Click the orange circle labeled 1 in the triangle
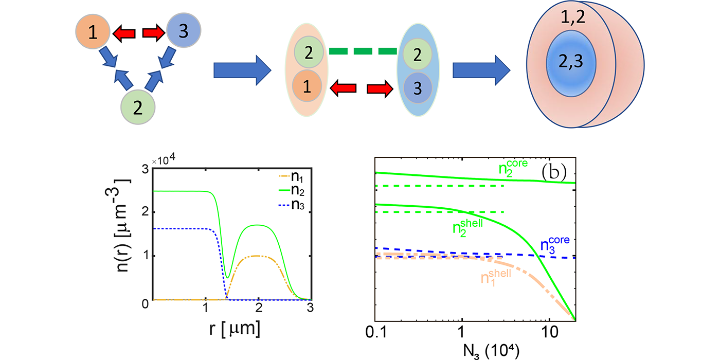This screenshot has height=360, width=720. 93,33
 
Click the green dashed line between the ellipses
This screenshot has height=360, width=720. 363,51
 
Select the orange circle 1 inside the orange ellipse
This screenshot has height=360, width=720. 307,87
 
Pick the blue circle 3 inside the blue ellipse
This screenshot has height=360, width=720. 417,87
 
